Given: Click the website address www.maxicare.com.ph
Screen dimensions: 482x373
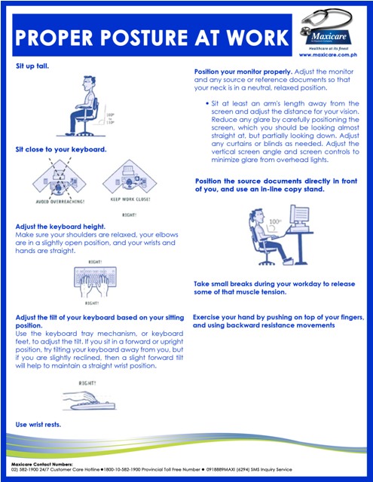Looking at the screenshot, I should [x=332, y=55].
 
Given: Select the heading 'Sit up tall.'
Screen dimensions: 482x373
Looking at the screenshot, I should [x=32, y=67].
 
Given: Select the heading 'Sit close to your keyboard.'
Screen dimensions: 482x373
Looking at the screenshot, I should [x=61, y=150].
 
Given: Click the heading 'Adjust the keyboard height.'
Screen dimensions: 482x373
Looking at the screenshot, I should [x=62, y=226].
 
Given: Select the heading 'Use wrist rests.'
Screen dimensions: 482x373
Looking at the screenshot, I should [x=38, y=425].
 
